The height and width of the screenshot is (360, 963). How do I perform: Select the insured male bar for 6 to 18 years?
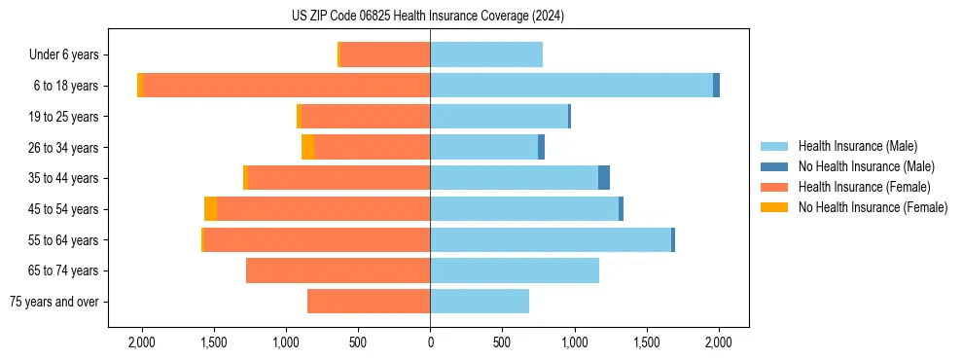[x=571, y=86]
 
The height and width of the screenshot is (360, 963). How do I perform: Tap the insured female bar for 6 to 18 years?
[x=286, y=86]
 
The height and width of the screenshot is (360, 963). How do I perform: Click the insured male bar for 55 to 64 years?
[x=551, y=239]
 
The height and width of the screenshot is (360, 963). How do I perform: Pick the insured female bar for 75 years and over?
[x=369, y=302]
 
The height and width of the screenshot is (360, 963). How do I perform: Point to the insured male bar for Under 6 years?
[x=486, y=54]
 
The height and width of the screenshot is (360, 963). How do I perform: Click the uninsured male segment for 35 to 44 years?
[x=604, y=178]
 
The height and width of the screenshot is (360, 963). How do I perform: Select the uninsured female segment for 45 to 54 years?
[x=210, y=209]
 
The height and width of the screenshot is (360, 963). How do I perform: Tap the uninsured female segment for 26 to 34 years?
[x=307, y=147]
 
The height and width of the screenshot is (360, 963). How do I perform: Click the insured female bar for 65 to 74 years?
[x=338, y=270]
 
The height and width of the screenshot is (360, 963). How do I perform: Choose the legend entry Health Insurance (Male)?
[x=857, y=146]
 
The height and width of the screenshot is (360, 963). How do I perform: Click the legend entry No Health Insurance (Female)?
[x=873, y=207]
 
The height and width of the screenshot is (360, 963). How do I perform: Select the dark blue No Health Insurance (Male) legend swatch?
[x=774, y=166]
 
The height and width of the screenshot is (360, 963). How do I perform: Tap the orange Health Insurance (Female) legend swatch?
[x=774, y=187]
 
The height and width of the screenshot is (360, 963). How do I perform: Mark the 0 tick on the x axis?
[x=430, y=342]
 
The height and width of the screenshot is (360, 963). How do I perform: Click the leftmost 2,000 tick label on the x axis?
[x=142, y=342]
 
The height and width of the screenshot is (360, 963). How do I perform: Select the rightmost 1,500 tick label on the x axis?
[x=646, y=342]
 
